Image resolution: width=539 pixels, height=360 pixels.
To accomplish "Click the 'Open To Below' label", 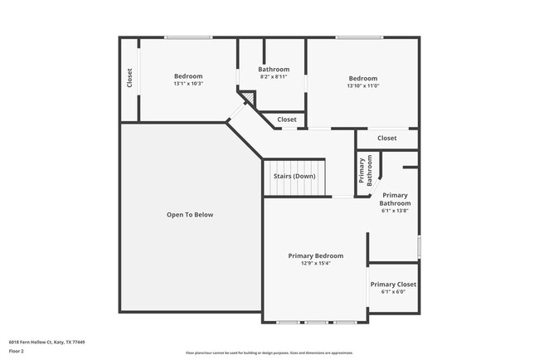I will coord(190,215).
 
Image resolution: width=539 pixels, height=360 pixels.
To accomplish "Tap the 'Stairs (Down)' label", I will coord(294,176).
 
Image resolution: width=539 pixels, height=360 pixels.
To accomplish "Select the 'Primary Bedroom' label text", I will coord(315,256).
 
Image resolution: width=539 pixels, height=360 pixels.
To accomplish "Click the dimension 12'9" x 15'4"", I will coord(315,264).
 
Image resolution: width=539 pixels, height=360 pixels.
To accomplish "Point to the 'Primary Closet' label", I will coord(393,285).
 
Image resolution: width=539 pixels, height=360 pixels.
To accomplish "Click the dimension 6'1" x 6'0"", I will coord(393,292).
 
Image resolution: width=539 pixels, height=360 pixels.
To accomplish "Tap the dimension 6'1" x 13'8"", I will coord(395,211).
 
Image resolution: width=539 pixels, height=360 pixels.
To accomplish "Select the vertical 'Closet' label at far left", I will coord(129,78).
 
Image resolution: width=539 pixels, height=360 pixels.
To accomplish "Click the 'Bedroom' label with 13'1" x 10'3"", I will coord(188,76).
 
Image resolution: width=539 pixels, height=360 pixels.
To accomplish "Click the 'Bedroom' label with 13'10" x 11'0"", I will coord(362,79).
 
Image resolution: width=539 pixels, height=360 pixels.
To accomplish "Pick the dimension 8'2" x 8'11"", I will coord(273,76).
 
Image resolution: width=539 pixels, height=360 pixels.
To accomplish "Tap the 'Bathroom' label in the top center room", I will coord(273,69).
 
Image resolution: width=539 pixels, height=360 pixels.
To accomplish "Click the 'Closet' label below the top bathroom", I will coord(286,119).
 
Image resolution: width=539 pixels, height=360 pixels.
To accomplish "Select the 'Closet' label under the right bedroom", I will coord(386,139).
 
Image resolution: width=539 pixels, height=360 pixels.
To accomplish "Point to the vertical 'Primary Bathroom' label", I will coord(362,171).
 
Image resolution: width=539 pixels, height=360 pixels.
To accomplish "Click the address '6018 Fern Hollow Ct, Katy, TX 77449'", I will coord(46,342).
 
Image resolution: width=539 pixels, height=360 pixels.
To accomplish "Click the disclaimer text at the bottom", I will coord(269,353).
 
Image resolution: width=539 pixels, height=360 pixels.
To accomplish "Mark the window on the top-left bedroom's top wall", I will coord(188,37).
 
